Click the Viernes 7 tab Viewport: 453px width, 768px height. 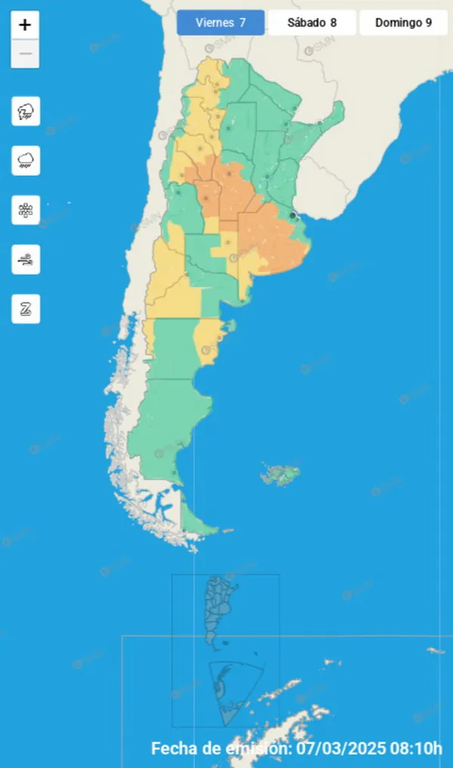pos(220,23)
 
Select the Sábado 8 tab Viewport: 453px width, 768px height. pos(312,23)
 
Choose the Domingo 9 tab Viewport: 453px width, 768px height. pos(404,23)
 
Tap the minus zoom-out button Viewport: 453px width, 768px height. pos(25,54)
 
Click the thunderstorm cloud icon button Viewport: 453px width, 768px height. pos(26,112)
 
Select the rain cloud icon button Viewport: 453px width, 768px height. pos(26,160)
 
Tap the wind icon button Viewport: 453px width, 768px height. pos(26,260)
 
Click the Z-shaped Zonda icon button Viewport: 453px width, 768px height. pos(26,309)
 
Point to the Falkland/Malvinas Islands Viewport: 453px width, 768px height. pos(282,475)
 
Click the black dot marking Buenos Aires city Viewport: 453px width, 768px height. pos(292,215)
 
